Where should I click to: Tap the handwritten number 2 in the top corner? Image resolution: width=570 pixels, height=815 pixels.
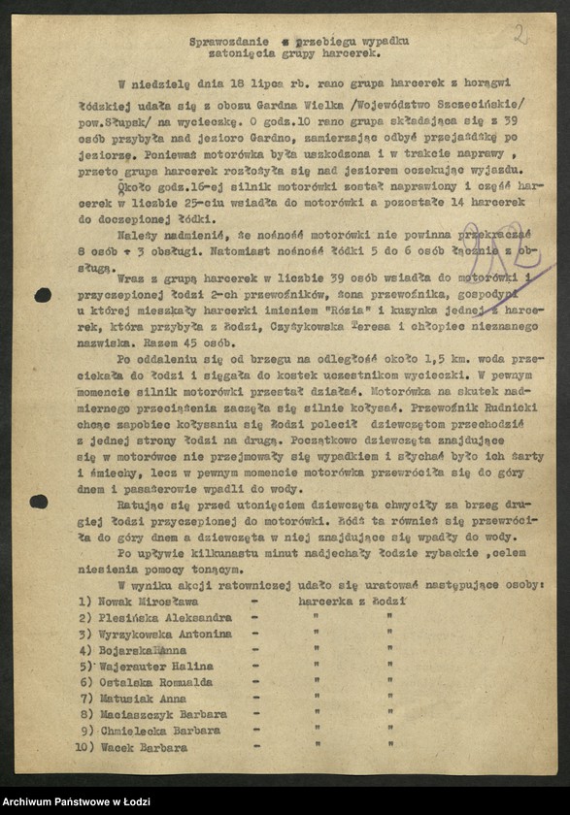click(x=521, y=35)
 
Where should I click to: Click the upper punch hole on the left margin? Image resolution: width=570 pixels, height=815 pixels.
click(x=43, y=294)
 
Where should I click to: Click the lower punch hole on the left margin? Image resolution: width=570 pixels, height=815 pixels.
click(x=39, y=502)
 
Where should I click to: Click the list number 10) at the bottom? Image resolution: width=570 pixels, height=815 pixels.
click(x=85, y=748)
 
